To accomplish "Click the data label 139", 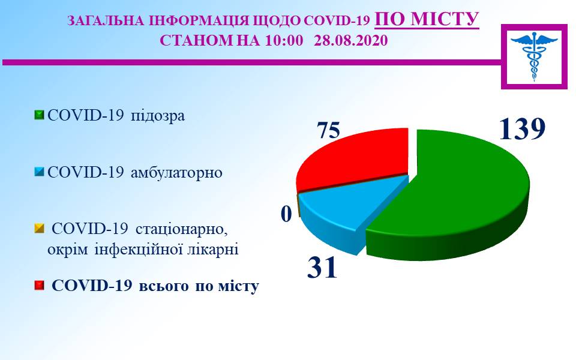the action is (x=521, y=129).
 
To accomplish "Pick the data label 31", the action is (x=322, y=267).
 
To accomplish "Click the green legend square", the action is (x=40, y=115).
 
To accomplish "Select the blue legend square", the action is (x=40, y=172).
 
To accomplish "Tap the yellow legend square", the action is (x=40, y=229).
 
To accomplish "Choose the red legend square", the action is (x=40, y=286).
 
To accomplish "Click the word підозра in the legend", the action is (x=158, y=116).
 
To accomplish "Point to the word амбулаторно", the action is (x=176, y=173).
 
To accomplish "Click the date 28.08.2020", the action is (x=351, y=40).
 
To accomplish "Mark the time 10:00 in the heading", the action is (x=284, y=40).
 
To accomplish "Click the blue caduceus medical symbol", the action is (x=534, y=56).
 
